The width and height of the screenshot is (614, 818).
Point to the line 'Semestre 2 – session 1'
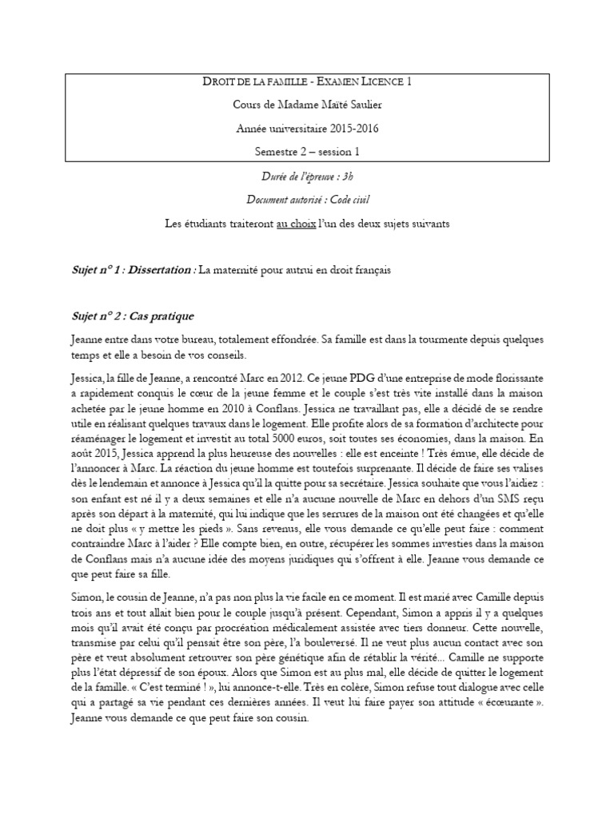click(307, 151)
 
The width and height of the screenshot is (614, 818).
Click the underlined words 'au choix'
click(294, 224)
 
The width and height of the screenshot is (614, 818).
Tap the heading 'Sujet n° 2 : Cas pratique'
click(132, 316)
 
